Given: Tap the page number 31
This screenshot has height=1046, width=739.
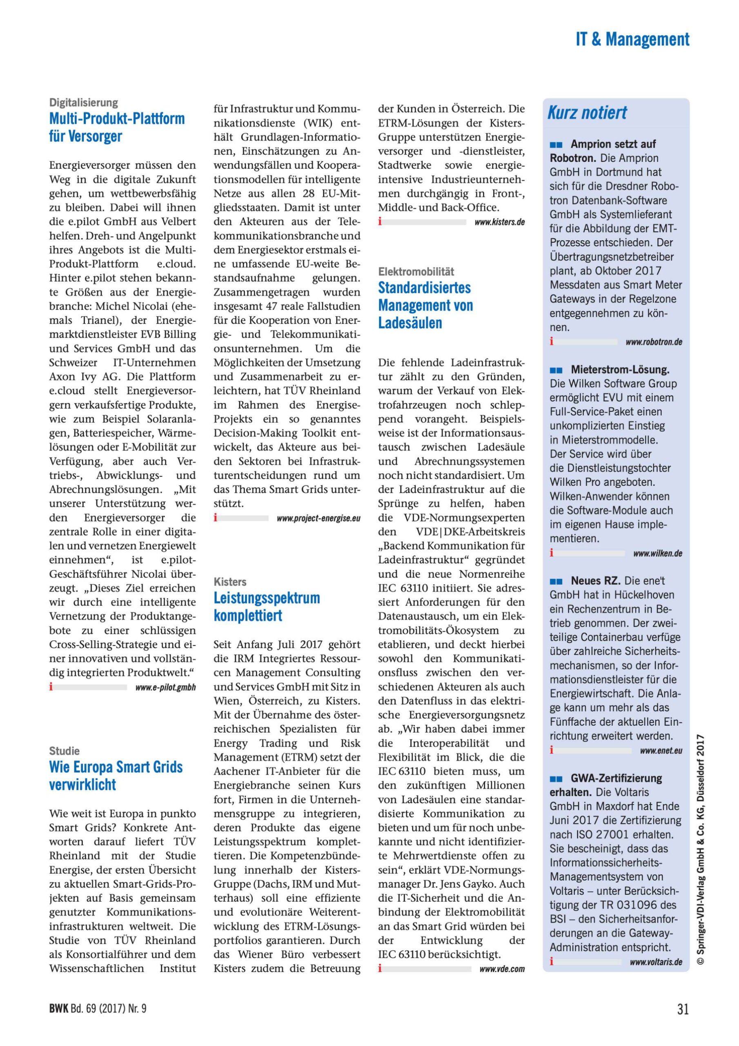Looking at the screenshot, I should (x=683, y=1009).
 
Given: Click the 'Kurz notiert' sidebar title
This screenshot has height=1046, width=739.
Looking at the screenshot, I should (x=587, y=112).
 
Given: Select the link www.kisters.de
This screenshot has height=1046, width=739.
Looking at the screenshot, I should (x=499, y=222).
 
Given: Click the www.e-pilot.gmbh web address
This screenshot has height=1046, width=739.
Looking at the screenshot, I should (x=165, y=687).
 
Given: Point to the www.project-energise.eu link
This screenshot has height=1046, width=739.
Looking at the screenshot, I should (x=318, y=519).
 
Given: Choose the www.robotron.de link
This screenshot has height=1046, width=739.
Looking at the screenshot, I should (x=654, y=342).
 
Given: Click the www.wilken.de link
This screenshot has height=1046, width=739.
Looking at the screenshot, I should (x=657, y=554).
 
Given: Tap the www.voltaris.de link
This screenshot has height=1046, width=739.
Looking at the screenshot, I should (x=656, y=962).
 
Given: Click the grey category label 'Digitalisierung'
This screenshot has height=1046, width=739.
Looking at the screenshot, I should (x=83, y=103).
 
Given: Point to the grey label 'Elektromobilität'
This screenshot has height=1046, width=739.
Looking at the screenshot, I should (x=416, y=272).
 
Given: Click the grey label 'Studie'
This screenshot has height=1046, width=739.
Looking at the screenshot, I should (x=64, y=751).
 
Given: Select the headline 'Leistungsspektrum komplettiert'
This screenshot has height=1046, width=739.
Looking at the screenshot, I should (x=267, y=606).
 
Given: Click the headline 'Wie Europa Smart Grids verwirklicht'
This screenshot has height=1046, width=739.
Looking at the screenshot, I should (x=116, y=776).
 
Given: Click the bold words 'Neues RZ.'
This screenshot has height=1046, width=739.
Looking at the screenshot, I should (x=595, y=581).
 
